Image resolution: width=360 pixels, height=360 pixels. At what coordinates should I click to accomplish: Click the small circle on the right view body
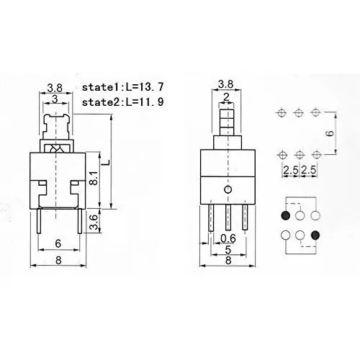227,189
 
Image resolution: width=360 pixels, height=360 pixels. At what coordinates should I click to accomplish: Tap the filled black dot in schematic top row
287,215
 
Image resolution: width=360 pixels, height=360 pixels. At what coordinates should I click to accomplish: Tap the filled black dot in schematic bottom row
315,234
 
